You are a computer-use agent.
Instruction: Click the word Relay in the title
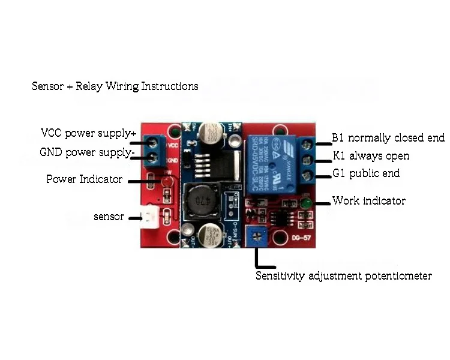click(x=90, y=86)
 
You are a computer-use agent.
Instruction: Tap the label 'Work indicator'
click(x=369, y=200)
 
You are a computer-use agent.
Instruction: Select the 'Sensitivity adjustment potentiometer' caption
click(x=343, y=277)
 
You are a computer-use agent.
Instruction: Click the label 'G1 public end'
click(x=366, y=174)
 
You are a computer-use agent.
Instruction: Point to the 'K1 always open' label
click(x=371, y=156)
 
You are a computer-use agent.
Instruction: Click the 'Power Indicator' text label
click(x=84, y=179)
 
